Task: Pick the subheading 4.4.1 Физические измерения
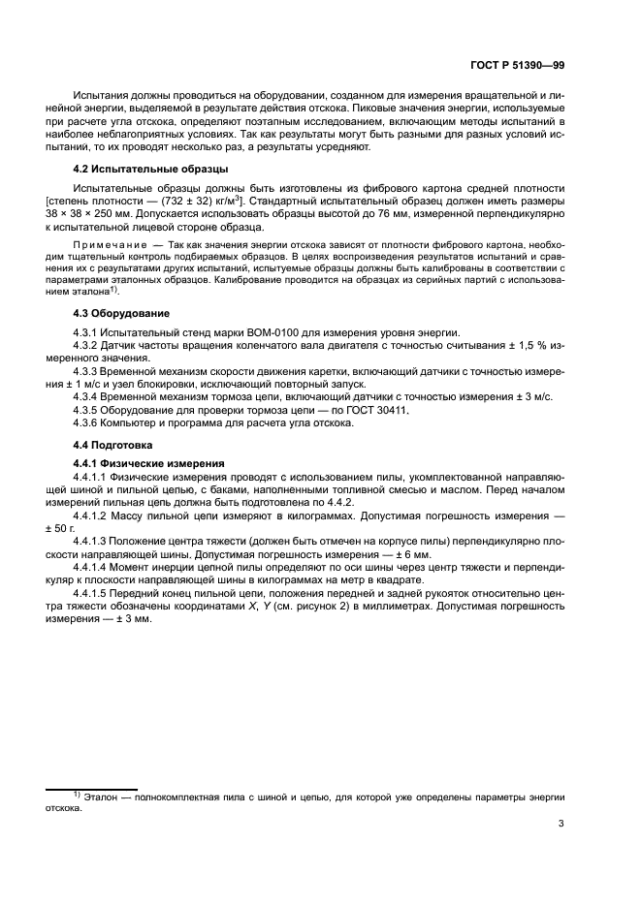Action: coord(150,463)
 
